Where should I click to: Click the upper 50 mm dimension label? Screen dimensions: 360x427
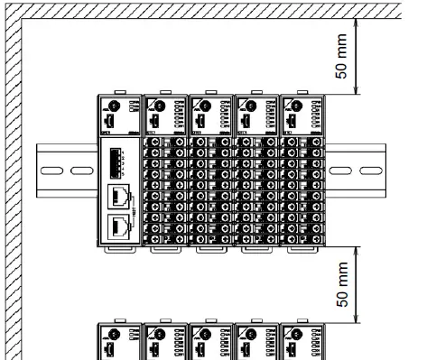tap(342, 58)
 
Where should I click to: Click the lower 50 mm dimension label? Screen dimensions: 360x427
tap(342, 287)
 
